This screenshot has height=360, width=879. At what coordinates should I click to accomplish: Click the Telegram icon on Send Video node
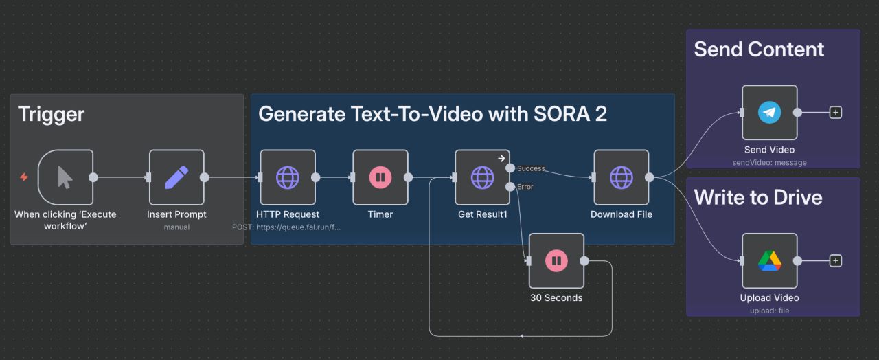coord(769,113)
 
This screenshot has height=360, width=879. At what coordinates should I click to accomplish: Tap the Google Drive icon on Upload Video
coord(769,261)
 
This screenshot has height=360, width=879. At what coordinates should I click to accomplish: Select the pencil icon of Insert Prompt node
coord(176,177)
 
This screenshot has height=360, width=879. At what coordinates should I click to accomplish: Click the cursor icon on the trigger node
coord(65,177)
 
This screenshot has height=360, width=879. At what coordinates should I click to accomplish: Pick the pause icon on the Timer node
coord(380,177)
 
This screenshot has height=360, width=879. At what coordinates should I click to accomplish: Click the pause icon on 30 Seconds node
coord(556,261)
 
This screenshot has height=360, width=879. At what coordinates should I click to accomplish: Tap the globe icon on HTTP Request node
coord(288,177)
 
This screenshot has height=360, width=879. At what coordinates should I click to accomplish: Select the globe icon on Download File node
coord(621,177)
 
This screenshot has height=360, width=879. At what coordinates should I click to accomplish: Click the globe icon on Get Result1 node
coord(482,177)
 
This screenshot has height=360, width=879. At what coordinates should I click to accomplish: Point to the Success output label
coord(531,168)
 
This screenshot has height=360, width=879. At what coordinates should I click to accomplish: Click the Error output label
coord(525,187)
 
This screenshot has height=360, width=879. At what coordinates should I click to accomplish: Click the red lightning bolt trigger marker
coord(24,177)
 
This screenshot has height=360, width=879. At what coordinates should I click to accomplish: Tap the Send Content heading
coord(758,49)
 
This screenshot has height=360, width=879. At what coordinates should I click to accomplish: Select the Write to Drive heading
coord(757,198)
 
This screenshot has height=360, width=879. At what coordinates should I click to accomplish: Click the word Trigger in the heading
coord(51,114)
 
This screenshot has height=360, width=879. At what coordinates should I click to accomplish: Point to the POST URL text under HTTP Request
coord(286,227)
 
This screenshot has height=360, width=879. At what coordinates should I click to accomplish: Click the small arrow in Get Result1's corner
coord(502,158)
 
